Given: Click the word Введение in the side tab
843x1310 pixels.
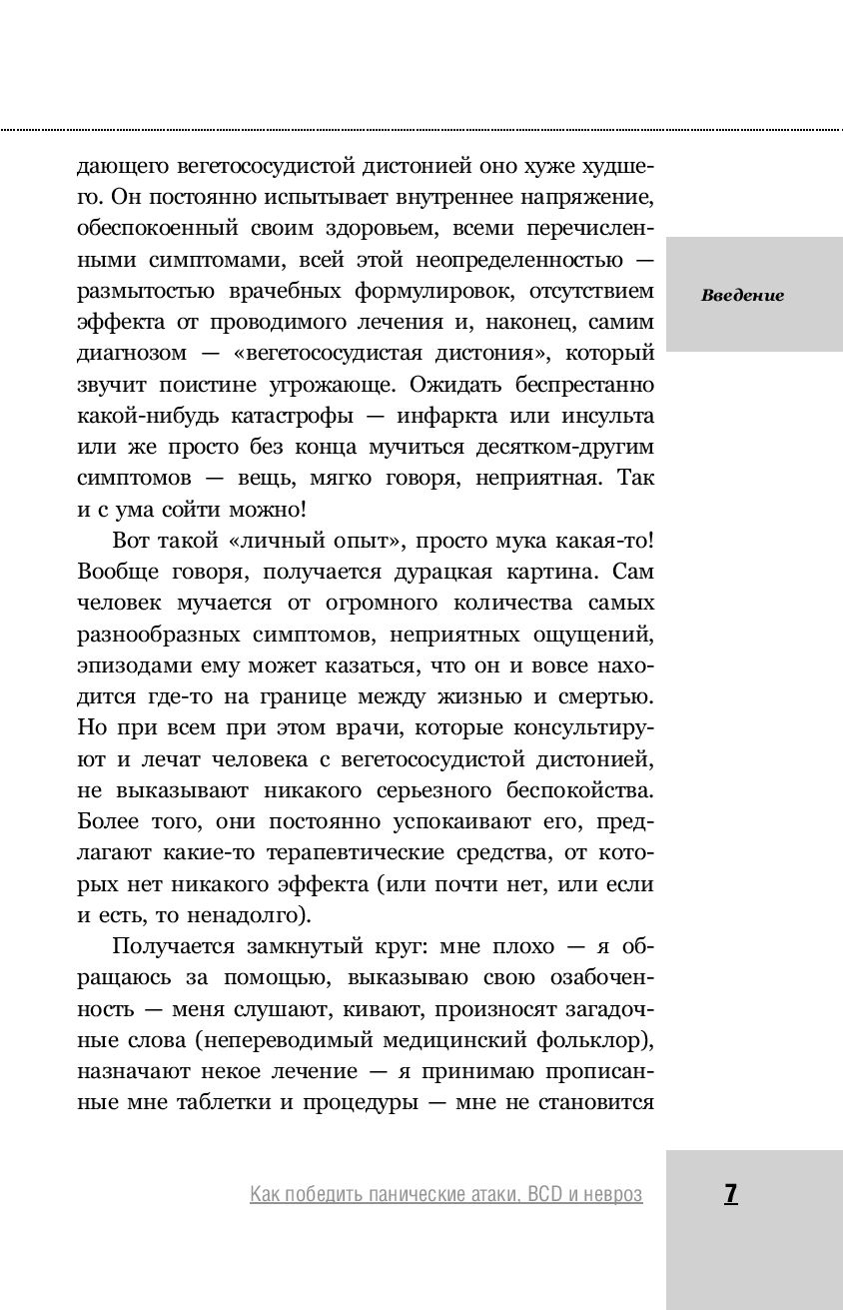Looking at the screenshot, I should [742, 295].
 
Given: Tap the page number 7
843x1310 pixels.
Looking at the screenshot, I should [730, 1193].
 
